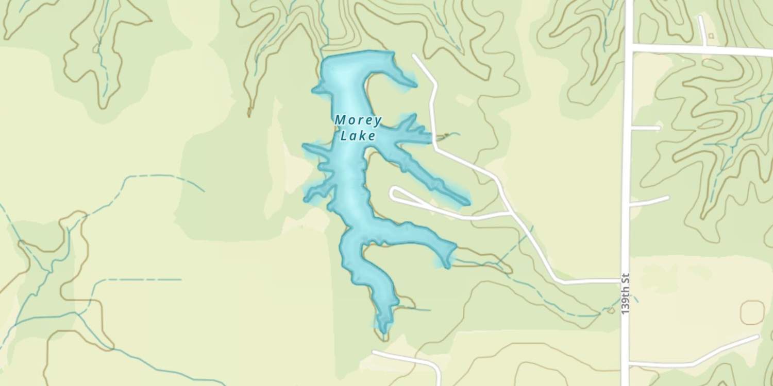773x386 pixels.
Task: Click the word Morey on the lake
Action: (x=358, y=121)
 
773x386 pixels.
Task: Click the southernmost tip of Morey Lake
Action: (x=383, y=331)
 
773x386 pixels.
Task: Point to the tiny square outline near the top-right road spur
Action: (x=711, y=36)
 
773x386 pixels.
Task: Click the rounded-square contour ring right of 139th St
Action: (x=752, y=312)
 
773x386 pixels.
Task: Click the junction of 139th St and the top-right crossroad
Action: (x=629, y=48)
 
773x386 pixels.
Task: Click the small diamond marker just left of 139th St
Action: (x=611, y=310)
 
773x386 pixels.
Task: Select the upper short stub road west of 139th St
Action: (x=645, y=127)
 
